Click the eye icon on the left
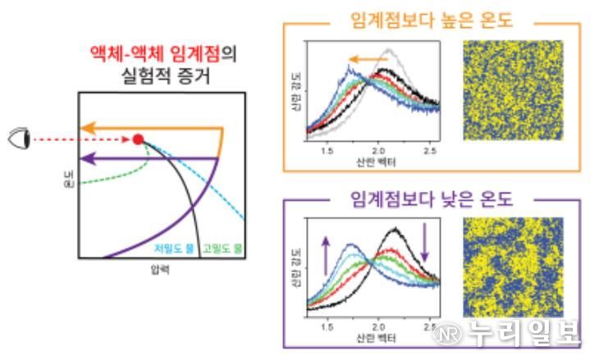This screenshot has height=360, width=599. click(17, 139)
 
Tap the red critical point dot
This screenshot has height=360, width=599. click(138, 139)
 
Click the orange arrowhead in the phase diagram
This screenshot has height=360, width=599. click(85, 128)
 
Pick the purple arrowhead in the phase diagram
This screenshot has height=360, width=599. click(85, 158)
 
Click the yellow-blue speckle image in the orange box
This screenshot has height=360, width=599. click(514, 90)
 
